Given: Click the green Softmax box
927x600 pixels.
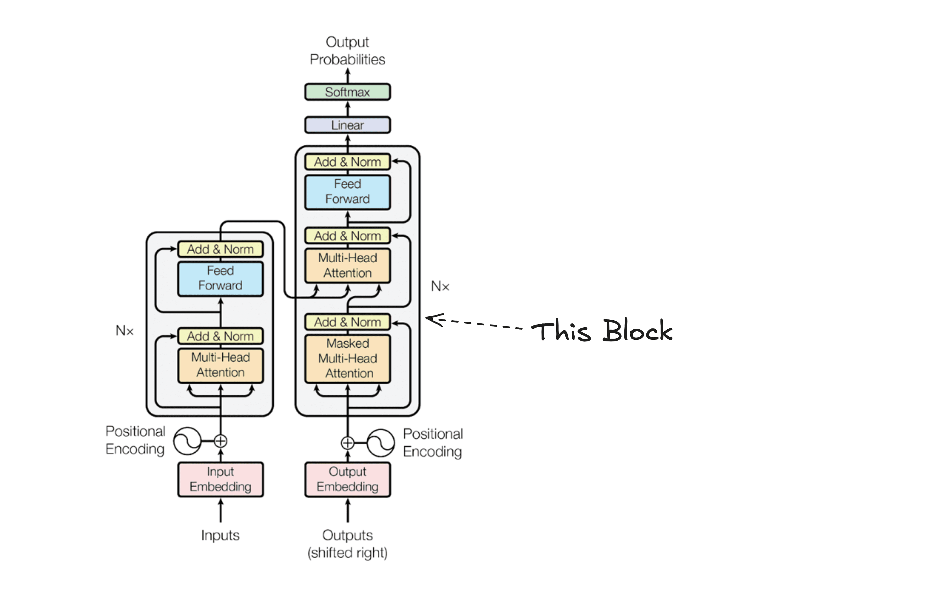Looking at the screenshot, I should click(347, 92).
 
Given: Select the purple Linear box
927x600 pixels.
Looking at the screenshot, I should click(347, 125).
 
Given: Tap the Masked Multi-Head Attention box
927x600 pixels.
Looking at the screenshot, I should click(347, 358).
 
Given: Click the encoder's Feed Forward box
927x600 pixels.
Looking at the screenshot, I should click(220, 278).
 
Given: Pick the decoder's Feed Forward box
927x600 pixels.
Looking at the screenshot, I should click(347, 192).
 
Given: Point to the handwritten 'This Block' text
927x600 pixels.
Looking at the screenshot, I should click(602, 331).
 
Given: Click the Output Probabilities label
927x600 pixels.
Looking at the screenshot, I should click(347, 51).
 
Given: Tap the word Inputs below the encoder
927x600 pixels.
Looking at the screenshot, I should click(220, 535).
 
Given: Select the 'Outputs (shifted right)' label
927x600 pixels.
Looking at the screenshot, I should click(347, 544).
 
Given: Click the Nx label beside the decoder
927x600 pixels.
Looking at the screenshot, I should click(440, 286).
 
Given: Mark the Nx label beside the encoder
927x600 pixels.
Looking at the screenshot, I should click(125, 331).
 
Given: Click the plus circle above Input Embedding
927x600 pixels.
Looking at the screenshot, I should click(220, 441).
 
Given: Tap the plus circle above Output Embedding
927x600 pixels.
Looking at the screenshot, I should click(347, 443).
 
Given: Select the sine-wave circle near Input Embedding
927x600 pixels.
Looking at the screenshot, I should click(187, 441).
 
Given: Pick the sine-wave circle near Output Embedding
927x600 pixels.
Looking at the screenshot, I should click(381, 443).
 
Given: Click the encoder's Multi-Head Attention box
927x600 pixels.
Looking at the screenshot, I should click(220, 365).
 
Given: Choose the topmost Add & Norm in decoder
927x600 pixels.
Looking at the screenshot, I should click(347, 162).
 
